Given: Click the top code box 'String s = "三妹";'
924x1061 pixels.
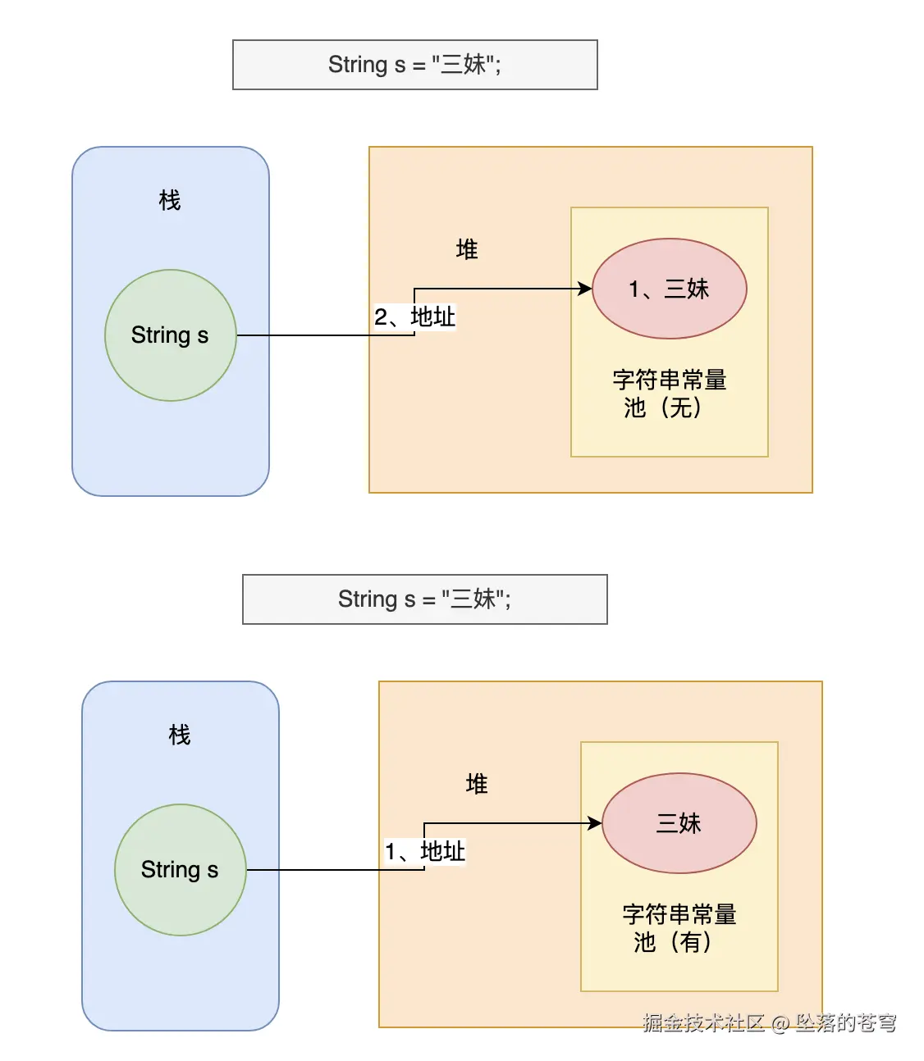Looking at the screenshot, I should [414, 65].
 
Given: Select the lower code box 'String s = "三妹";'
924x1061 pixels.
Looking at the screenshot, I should [424, 599].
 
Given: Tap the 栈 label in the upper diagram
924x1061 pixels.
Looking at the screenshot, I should [170, 200].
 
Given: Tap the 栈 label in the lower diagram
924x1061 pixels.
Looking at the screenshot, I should [180, 735].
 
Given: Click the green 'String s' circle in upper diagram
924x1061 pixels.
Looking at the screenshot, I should [171, 335].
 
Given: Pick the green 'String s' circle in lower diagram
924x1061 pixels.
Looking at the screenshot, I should [181, 870].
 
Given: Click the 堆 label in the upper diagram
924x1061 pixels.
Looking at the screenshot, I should [467, 249].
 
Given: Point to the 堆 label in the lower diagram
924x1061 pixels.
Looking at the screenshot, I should [477, 784].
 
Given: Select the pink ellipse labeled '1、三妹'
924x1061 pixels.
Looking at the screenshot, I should [670, 289].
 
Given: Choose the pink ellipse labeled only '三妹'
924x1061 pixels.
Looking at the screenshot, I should [679, 823].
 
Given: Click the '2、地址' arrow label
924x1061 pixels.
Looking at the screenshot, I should [415, 317].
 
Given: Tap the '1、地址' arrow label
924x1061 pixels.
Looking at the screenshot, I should [425, 852].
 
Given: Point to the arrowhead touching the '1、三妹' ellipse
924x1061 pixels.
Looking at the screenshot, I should [585, 289].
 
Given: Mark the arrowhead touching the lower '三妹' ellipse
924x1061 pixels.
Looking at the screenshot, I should [595, 823].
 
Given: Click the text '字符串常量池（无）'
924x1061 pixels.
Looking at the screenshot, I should [670, 394].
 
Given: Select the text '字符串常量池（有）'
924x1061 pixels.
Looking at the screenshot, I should [679, 928].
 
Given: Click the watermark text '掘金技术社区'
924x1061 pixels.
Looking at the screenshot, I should [703, 1022].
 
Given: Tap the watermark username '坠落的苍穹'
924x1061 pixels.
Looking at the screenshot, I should [845, 1022].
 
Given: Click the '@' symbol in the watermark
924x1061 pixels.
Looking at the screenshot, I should [780, 1023].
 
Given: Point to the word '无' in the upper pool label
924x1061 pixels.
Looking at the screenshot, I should [681, 408].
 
